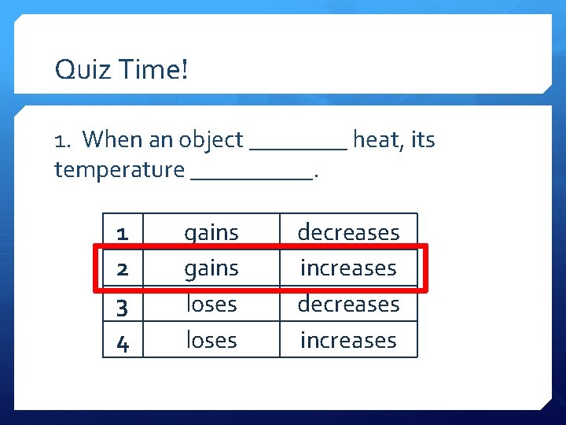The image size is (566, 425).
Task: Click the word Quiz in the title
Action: [x=80, y=71]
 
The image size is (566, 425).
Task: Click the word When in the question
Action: [x=112, y=140]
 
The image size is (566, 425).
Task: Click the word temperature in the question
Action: [x=119, y=169]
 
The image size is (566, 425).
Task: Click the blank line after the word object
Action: [x=298, y=146]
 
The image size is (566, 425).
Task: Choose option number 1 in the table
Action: [x=123, y=233]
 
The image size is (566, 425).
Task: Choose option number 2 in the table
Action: [x=123, y=268]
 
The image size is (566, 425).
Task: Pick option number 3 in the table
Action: [x=123, y=305]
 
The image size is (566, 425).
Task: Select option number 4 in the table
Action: [x=123, y=341]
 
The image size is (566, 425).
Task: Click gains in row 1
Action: [x=211, y=233]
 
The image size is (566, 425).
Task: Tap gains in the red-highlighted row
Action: [x=211, y=268]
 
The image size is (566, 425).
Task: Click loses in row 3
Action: [x=211, y=304]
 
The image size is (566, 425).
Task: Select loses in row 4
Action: [x=211, y=340]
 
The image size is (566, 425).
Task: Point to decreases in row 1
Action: [x=348, y=232]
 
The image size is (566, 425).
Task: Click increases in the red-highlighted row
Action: [x=348, y=268]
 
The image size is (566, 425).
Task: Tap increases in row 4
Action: [x=348, y=340]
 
